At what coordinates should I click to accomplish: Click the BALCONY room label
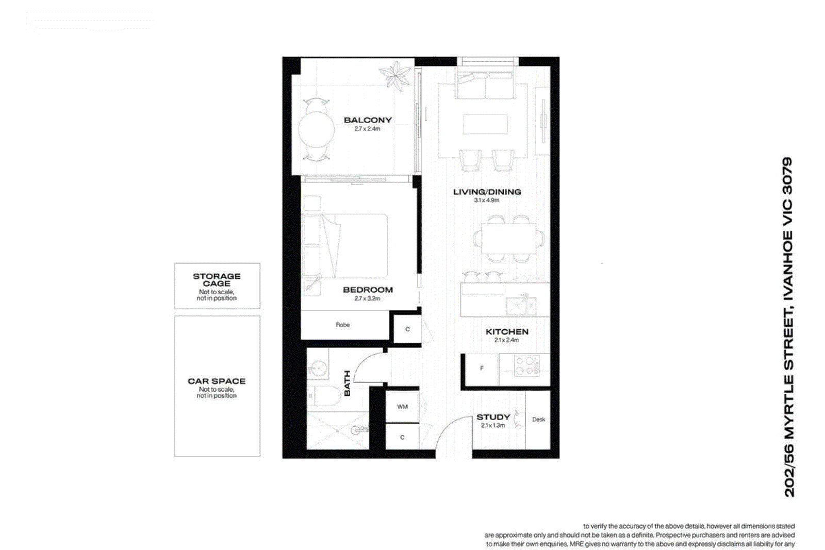(x=368, y=120)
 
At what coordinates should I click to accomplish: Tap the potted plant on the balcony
(x=395, y=75)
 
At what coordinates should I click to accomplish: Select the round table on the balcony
(x=316, y=129)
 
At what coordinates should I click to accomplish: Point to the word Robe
(x=342, y=325)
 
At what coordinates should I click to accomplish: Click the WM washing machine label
(x=402, y=407)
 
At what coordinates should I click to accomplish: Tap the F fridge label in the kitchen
(x=482, y=368)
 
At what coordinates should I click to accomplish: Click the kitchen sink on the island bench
(x=521, y=306)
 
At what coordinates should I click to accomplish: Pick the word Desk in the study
(x=538, y=419)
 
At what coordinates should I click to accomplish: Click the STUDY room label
(x=493, y=417)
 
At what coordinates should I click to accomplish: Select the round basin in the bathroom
(x=317, y=369)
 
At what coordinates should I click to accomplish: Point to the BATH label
(x=347, y=383)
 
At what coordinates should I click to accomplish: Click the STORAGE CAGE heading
(x=217, y=280)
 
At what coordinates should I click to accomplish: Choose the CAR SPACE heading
(x=217, y=381)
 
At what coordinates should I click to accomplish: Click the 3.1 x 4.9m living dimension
(x=486, y=200)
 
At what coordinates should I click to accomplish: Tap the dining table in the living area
(x=508, y=238)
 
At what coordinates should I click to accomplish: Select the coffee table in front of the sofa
(x=485, y=124)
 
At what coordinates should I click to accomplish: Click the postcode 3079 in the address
(x=787, y=175)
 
